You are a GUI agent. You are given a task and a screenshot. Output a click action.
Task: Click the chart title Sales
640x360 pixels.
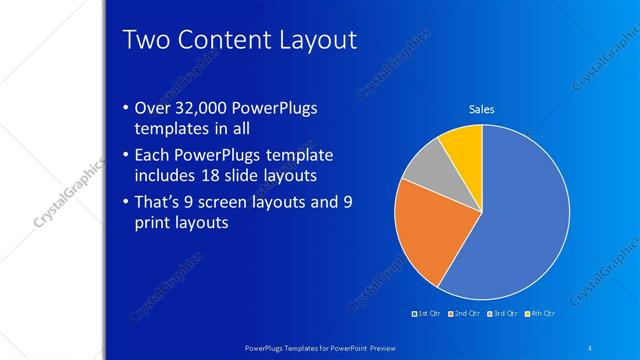[482, 109]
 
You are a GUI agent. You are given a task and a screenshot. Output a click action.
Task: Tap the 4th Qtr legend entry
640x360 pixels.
[540, 314]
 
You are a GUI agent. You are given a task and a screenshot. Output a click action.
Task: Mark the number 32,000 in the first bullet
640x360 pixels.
[203, 108]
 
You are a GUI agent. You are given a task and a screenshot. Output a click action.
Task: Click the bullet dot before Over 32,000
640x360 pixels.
[124, 108]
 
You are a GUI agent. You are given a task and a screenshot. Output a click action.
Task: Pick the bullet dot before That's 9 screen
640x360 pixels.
[124, 201]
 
